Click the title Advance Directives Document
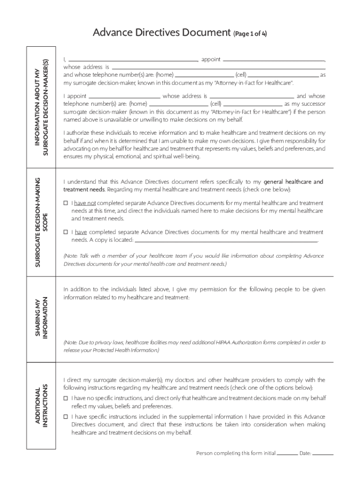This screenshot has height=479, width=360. (162, 33)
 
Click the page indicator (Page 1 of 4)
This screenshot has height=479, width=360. (250, 34)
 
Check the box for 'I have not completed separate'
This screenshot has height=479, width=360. (66, 203)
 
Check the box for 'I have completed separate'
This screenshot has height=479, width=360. (66, 232)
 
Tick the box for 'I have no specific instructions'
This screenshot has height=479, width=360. (66, 398)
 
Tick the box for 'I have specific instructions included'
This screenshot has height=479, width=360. (66, 416)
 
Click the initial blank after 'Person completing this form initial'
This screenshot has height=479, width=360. (288, 454)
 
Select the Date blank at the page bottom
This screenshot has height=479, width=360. (323, 454)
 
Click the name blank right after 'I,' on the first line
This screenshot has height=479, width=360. (133, 61)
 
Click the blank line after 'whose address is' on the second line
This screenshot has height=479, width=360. (217, 68)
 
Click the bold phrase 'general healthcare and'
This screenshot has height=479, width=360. (293, 181)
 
